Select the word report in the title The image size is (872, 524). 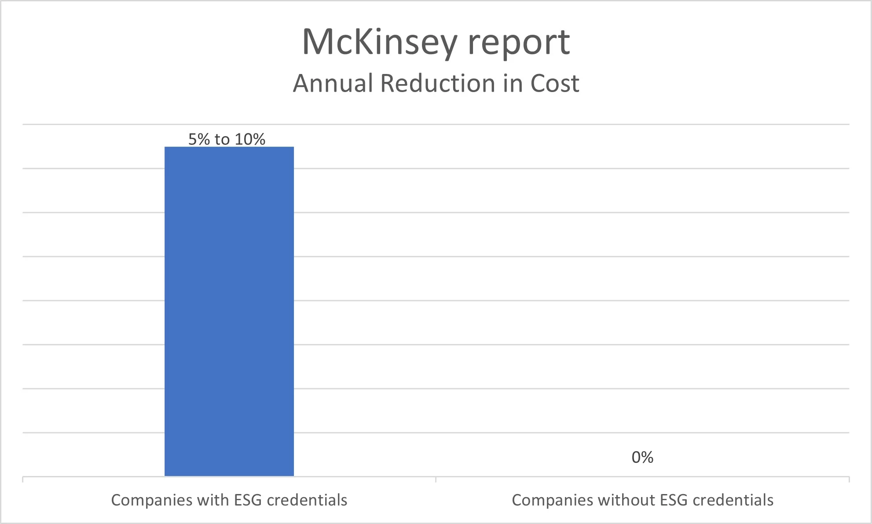click(519, 43)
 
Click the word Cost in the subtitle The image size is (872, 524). click(554, 83)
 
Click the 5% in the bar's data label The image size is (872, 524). click(199, 140)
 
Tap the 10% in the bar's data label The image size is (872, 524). click(249, 140)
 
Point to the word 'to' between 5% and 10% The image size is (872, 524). click(222, 140)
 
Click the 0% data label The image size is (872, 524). click(642, 458)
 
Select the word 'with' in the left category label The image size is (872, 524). click(205, 500)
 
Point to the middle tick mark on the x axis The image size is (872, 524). click(436, 480)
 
